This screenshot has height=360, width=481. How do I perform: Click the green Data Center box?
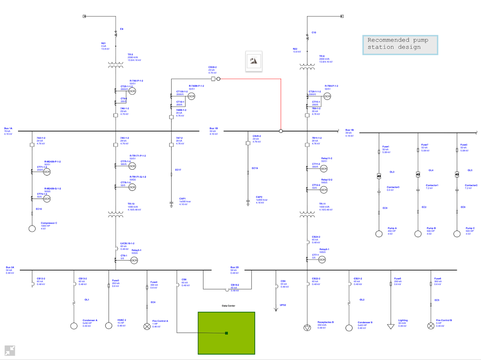pyautogui.click(x=227, y=333)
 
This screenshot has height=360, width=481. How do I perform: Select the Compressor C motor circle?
pyautogui.click(x=32, y=228)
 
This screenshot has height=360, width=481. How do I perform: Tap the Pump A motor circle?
pyautogui.click(x=379, y=234)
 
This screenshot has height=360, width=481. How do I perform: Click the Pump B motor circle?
pyautogui.click(x=418, y=234)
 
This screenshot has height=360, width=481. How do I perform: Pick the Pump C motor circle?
pyautogui.click(x=457, y=234)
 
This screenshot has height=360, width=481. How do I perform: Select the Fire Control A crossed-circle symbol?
pyautogui.click(x=147, y=327)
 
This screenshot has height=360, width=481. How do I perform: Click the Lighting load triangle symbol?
pyautogui.click(x=390, y=326)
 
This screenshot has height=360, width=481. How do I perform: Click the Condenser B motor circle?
pyautogui.click(x=349, y=328)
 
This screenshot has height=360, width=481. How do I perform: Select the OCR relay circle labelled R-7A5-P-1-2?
pyautogui.click(x=132, y=91)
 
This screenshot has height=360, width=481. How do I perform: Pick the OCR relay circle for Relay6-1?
pyautogui.click(x=322, y=260)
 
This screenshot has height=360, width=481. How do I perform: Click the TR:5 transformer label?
pyautogui.click(x=123, y=55)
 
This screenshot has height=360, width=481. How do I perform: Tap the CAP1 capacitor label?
pyautogui.click(x=182, y=198)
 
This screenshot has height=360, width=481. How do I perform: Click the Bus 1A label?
pyautogui.click(x=9, y=128)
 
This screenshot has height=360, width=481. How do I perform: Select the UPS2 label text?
pyautogui.click(x=283, y=305)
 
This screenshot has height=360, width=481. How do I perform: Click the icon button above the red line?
pyautogui.click(x=254, y=61)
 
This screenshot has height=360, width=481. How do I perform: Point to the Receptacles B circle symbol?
pyautogui.click(x=307, y=327)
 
